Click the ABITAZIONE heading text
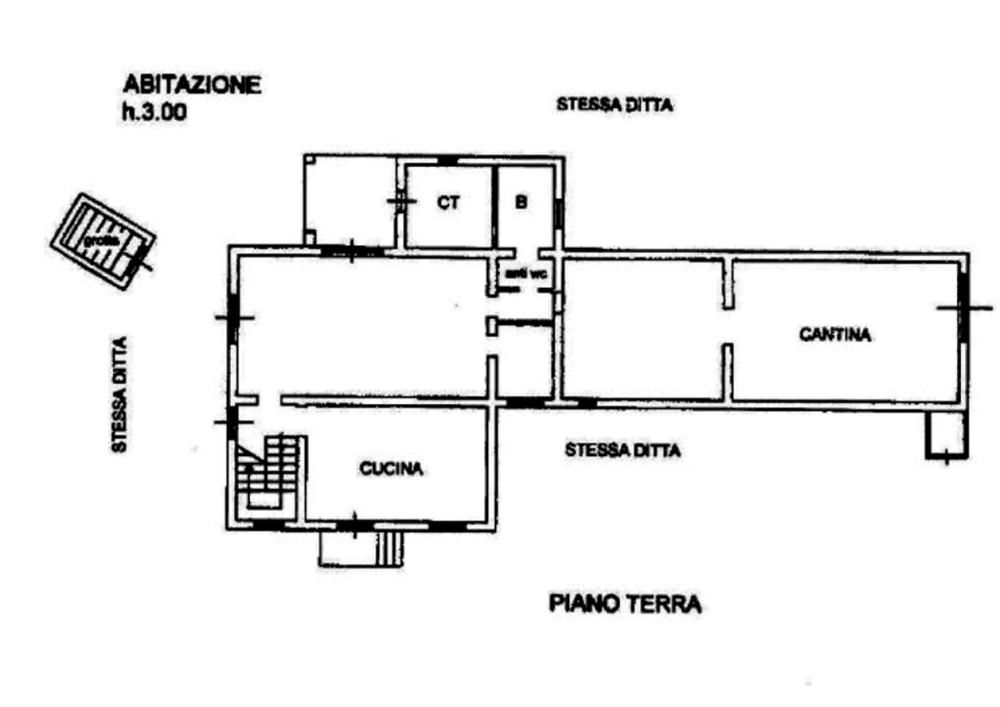coord(190,85)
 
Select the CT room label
coord(448,203)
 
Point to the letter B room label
coord(521,203)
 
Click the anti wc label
coord(522,273)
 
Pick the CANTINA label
coord(836,335)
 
